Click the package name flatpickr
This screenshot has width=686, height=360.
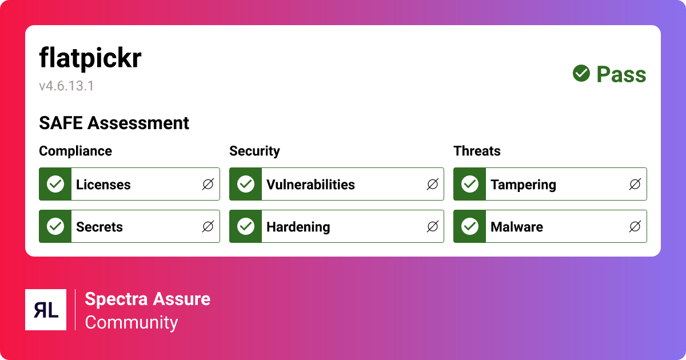point(90,59)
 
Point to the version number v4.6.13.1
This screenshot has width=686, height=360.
point(66,86)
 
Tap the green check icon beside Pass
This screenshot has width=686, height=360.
point(581,73)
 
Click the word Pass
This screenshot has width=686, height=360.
point(621,74)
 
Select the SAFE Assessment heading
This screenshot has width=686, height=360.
point(114,123)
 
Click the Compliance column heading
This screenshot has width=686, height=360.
point(75,151)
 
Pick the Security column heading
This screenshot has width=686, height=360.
point(254,151)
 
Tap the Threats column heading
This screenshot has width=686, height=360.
point(477,151)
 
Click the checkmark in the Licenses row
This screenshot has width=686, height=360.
point(55,184)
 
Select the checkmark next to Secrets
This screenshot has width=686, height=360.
point(55,226)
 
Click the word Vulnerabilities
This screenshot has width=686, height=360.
point(310,185)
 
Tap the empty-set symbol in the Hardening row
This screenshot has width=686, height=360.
point(433,226)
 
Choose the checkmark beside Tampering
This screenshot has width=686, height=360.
point(470,184)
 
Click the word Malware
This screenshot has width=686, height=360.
point(516,227)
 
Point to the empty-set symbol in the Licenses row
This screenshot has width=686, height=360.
point(208,184)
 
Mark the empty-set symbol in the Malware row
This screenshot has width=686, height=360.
point(635,226)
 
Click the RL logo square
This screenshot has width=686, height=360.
point(46,310)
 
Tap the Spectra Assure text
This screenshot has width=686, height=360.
point(147,299)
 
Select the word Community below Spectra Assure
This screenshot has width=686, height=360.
point(131,322)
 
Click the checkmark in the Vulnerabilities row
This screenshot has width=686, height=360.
point(246,184)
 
